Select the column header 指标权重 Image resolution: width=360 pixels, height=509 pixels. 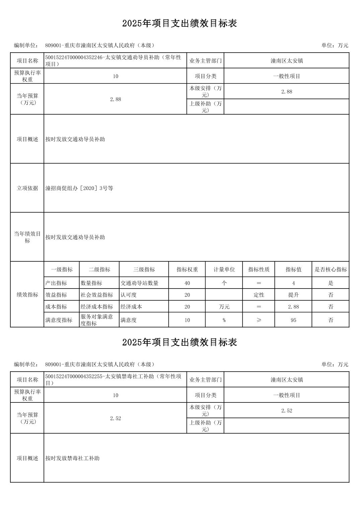click(187, 269)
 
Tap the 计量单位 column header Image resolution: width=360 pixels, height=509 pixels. click(224, 269)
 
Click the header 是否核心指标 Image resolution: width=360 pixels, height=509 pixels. click(331, 269)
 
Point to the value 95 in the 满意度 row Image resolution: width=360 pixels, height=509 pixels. click(293, 320)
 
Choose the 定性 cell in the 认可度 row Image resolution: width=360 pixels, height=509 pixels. click(259, 295)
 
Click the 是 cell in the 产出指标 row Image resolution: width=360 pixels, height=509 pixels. click(331, 283)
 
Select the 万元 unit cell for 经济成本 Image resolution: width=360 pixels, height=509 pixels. click(224, 307)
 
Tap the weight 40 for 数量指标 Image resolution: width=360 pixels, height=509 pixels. click(187, 283)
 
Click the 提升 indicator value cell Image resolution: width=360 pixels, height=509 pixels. click(293, 295)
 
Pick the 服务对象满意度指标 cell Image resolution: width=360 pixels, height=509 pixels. click(97, 320)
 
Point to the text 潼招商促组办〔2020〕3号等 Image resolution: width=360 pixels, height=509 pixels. click(79, 188)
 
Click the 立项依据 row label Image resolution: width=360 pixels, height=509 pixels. click(27, 188)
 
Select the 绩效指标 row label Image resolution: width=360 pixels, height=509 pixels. click(27, 295)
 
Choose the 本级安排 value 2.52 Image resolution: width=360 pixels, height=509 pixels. click(287, 411)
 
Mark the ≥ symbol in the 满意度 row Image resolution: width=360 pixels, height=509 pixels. click(259, 320)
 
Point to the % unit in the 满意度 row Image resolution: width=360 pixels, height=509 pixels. click(224, 320)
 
